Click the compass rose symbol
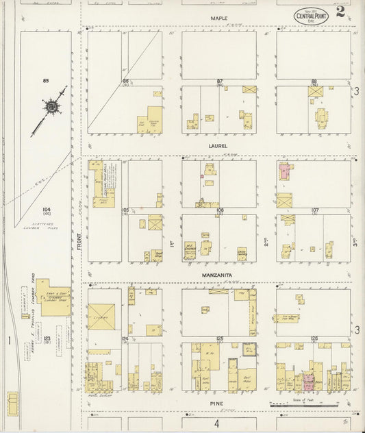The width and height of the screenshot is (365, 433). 51,108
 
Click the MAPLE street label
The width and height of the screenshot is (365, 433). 218,18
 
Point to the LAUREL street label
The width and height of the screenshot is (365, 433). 218,145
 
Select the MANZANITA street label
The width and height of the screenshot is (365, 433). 218,274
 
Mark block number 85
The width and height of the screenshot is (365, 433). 46,82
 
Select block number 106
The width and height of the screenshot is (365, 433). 220,210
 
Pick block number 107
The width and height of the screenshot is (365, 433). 315,210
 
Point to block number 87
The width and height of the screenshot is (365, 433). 220,82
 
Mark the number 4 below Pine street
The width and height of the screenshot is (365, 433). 217,423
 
